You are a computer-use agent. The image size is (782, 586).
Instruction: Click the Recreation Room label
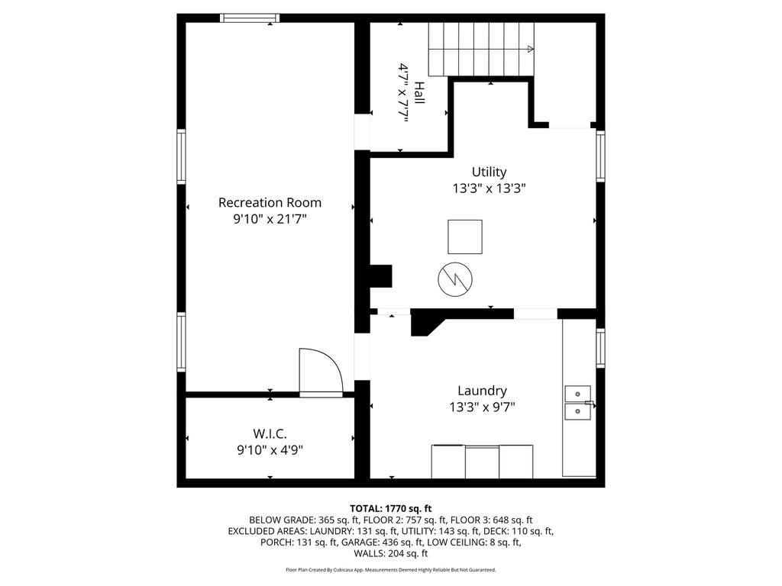pos(270,202)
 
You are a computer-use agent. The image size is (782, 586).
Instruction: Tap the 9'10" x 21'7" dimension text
pos(270,219)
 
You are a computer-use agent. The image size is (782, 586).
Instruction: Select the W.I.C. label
pos(270,433)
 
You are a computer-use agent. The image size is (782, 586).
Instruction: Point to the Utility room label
pos(489,172)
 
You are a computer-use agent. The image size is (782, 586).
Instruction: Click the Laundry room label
pos(482,391)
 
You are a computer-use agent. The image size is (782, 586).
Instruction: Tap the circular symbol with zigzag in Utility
pos(454,279)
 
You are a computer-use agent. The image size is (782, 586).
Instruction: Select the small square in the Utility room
pos(464,237)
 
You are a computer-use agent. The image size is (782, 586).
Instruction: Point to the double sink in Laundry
pos(579,403)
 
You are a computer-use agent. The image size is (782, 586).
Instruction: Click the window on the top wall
pos(250,18)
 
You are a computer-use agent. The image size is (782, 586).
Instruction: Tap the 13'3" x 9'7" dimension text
pos(482,407)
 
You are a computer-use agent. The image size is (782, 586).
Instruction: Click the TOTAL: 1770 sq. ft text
pos(390,508)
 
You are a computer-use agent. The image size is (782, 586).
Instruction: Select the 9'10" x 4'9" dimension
pos(270,450)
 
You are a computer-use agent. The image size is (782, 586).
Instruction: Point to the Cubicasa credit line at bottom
pos(390,569)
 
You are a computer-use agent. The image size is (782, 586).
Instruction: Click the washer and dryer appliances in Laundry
pos(482,461)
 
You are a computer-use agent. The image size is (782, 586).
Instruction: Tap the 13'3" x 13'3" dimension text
pos(489,188)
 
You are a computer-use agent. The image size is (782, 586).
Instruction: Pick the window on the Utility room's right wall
pos(601,156)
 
